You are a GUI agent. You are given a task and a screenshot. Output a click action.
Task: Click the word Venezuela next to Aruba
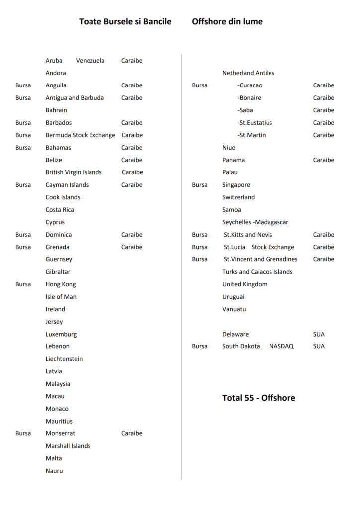click(90, 61)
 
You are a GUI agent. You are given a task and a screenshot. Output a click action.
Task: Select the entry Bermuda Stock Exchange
click(80, 135)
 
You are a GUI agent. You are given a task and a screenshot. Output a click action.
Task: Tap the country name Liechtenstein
click(64, 359)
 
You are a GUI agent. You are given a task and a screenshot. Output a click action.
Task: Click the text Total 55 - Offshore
click(259, 398)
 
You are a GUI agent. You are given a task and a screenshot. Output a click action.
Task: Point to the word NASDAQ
click(281, 346)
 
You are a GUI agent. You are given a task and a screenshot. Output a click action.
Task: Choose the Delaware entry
click(235, 334)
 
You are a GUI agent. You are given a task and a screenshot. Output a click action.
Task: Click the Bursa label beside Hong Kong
click(23, 284)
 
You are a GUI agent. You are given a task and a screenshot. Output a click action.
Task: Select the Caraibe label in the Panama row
click(323, 160)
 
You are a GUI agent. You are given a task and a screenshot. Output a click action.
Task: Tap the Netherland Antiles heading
click(248, 73)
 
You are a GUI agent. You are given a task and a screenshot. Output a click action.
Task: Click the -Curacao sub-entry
click(250, 85)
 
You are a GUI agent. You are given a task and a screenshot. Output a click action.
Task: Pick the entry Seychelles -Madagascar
click(255, 222)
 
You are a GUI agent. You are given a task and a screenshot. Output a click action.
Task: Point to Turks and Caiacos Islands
click(257, 272)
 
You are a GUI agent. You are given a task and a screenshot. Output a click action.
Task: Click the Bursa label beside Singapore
click(200, 185)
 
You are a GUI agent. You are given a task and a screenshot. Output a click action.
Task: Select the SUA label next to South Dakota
click(319, 346)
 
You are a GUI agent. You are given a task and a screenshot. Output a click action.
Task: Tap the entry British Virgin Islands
click(74, 172)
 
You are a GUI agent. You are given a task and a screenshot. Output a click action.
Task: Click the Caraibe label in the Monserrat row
click(132, 433)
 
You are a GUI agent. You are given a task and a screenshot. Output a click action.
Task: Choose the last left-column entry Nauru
click(54, 471)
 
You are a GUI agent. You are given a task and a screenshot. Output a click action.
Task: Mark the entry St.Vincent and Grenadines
click(261, 259)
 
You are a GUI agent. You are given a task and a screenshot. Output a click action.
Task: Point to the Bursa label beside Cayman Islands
click(23, 185)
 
